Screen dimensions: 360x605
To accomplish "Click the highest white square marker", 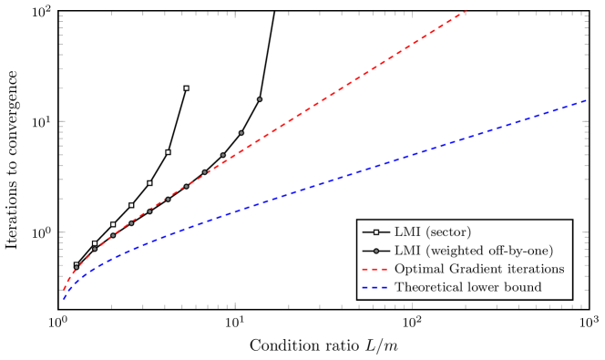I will coord(186,88).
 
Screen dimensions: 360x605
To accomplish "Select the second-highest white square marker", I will coord(168,152).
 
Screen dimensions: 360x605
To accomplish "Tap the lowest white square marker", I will coord(77,265).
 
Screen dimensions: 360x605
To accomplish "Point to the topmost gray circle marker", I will coord(260,99).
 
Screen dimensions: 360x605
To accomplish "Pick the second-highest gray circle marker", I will coord(241,133).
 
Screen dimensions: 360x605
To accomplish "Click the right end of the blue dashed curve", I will coord(585,100).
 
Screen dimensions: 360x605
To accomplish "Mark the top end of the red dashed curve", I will coord(465,11).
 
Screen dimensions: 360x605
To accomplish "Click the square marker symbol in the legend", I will coord(375,232).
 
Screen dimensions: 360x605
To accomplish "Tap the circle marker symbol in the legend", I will coord(375,251).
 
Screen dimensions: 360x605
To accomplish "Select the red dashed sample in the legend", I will coord(375,269).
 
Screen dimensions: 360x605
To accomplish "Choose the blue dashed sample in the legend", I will coord(375,287).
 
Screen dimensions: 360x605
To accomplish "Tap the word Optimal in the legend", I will coord(415,269).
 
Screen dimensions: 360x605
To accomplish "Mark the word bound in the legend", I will coord(524,287).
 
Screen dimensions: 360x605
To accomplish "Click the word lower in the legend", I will coord(484,287).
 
